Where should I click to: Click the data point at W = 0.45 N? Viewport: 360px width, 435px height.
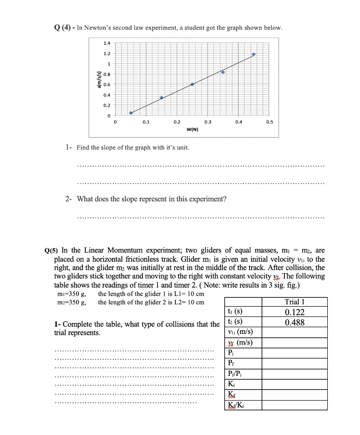254,54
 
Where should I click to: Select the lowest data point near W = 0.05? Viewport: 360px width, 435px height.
131,113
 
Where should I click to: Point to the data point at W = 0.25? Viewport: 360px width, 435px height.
192,84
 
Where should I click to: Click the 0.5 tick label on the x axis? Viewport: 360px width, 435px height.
269,122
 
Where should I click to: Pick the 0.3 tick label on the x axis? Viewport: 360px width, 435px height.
207,122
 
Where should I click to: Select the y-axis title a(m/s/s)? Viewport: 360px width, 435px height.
99,79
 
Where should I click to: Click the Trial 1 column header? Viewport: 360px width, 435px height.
295,302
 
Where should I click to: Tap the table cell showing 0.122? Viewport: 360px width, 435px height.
295,312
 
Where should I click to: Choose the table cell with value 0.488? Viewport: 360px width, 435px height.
295,322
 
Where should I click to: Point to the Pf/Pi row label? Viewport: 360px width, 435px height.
236,373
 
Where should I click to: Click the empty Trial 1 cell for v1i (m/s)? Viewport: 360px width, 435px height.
295,333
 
